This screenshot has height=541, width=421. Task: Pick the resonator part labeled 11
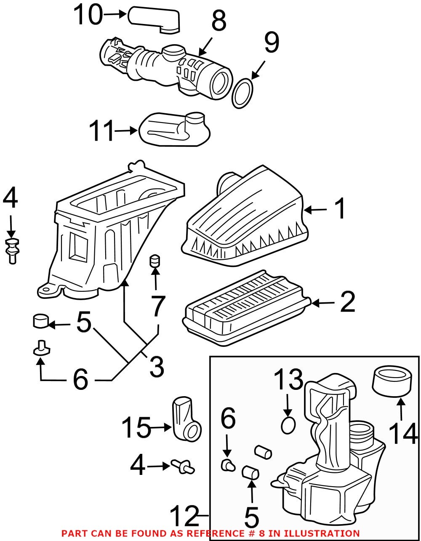click(x=175, y=130)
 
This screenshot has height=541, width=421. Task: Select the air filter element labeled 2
click(x=246, y=305)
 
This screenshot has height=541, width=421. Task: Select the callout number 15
click(x=136, y=428)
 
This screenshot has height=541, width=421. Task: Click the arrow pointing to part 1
click(x=315, y=209)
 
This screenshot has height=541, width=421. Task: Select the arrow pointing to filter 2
click(x=323, y=302)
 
